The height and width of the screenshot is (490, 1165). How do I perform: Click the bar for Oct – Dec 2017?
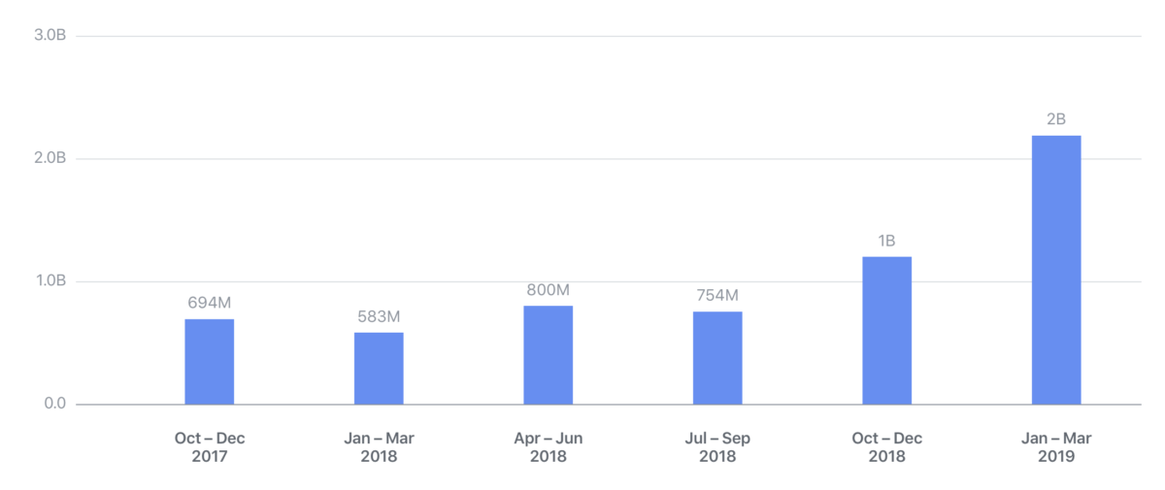(x=209, y=361)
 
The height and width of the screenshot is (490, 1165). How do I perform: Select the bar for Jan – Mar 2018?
(x=379, y=368)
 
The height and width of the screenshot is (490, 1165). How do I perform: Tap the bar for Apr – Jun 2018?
(x=548, y=354)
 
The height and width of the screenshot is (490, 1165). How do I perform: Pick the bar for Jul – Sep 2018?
(x=717, y=357)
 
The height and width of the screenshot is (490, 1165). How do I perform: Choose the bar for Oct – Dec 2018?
(x=886, y=330)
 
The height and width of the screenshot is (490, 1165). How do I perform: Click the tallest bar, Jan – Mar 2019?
(x=1056, y=270)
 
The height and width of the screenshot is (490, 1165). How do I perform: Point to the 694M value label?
(x=209, y=303)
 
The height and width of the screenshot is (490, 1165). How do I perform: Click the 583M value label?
(x=379, y=316)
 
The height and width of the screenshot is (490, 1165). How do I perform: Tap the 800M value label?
(x=548, y=289)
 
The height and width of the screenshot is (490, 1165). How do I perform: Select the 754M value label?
(x=717, y=295)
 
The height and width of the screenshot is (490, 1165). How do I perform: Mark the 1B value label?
(x=886, y=240)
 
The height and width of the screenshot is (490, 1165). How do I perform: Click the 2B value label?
(x=1056, y=119)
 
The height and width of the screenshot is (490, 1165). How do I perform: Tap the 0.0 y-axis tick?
(x=54, y=404)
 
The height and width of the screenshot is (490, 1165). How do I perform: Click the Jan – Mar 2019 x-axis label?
(x=1056, y=447)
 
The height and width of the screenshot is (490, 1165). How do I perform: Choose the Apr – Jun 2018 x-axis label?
(x=548, y=447)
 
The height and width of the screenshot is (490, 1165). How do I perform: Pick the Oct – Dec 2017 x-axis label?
(x=209, y=447)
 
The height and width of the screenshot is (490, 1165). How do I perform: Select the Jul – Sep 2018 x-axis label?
(x=717, y=447)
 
